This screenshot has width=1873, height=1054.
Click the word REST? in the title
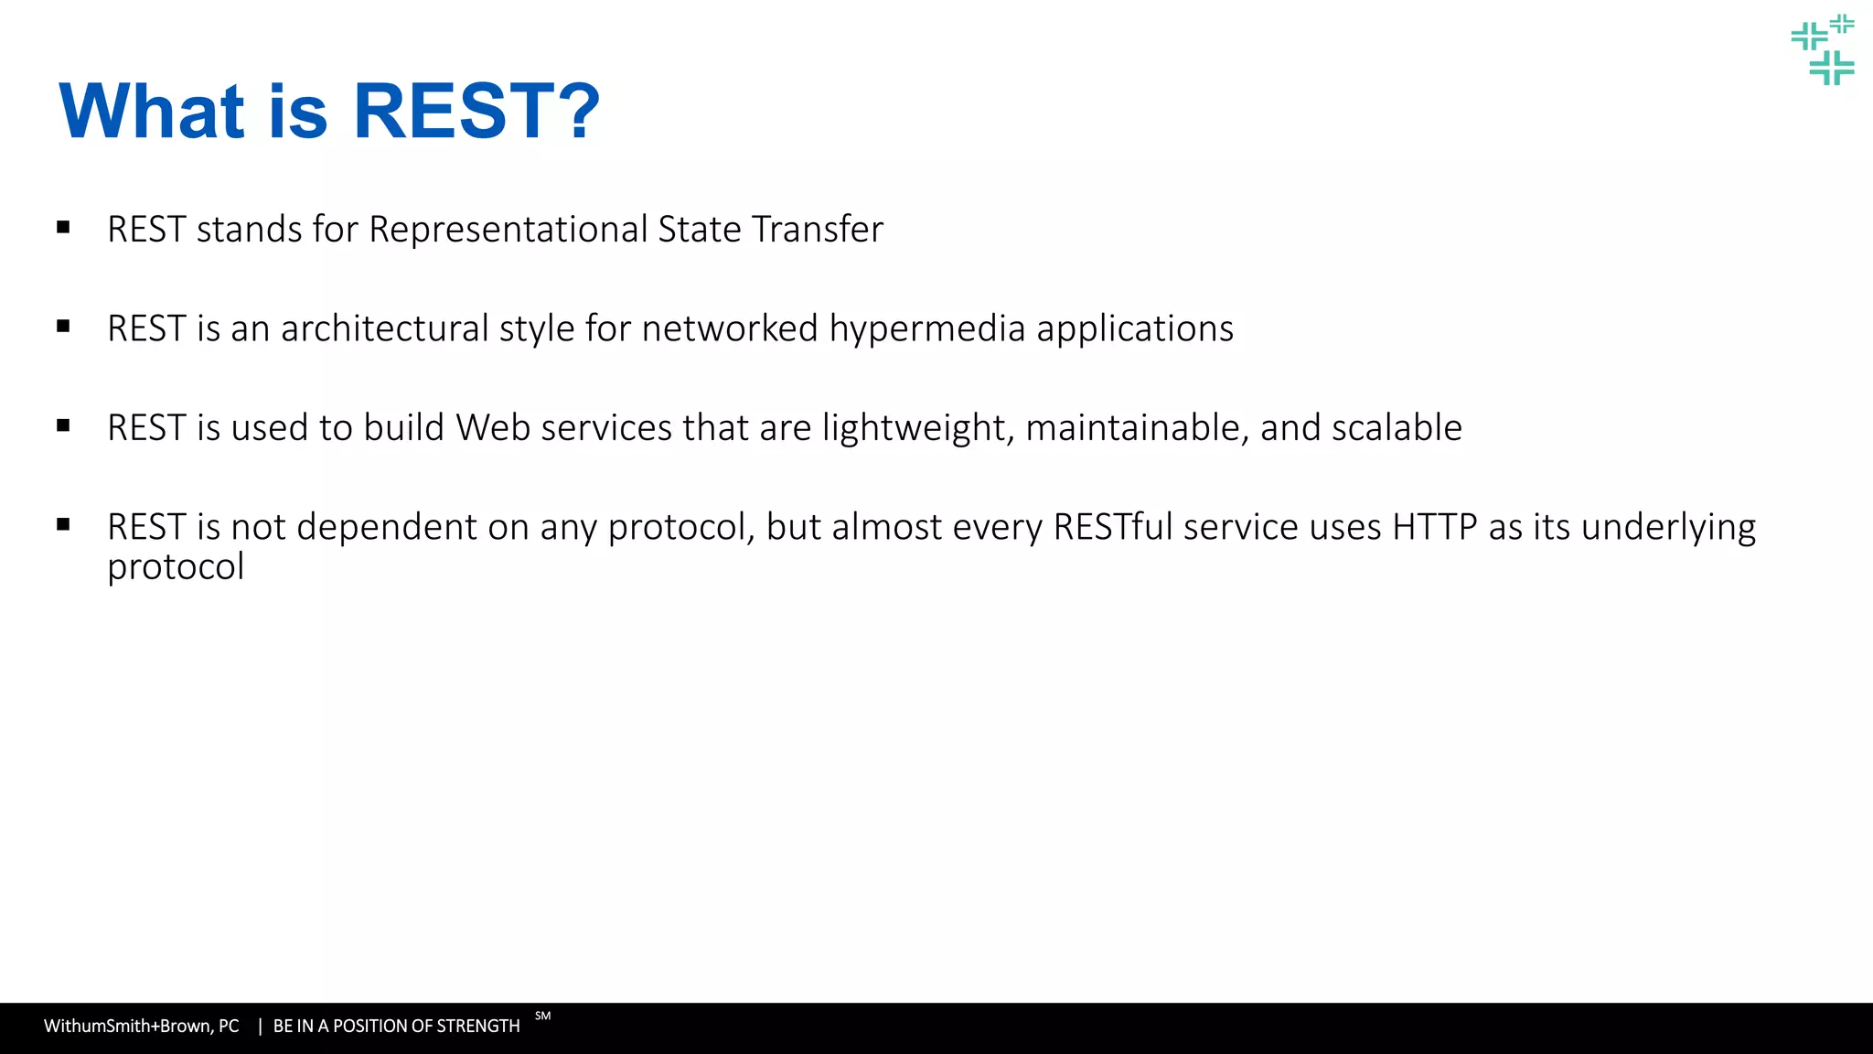pos(476,112)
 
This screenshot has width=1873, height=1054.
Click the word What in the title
pos(152,112)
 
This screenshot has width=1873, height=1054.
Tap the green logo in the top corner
pos(1822,49)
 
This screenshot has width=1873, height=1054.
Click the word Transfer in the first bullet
pos(817,230)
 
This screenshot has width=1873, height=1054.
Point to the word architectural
pos(384,329)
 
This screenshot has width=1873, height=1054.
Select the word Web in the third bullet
pos(493,428)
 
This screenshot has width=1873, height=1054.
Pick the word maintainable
pos(1137,428)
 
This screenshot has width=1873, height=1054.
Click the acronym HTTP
pos(1434,528)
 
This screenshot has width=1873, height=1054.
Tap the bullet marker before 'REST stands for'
pos(63,227)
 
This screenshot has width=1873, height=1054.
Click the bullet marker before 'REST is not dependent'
pos(63,524)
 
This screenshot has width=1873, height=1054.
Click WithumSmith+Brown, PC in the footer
pos(141,1027)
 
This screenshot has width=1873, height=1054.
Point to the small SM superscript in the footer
pos(542,1016)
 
